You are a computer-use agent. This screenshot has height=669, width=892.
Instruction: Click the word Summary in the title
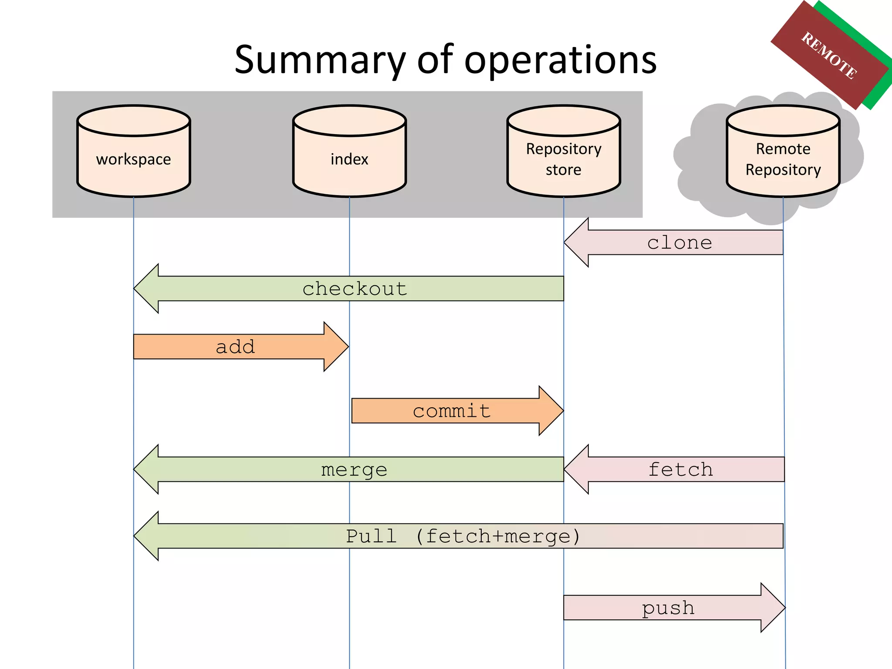pyautogui.click(x=320, y=61)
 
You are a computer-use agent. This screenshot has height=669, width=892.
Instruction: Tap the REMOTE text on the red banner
pyautogui.click(x=829, y=56)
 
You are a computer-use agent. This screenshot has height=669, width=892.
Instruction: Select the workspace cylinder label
pyautogui.click(x=133, y=159)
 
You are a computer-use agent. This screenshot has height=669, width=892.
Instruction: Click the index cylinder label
pyautogui.click(x=349, y=159)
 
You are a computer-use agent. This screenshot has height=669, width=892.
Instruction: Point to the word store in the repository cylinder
pyautogui.click(x=563, y=170)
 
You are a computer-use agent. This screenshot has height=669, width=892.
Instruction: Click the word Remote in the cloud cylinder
pyautogui.click(x=783, y=149)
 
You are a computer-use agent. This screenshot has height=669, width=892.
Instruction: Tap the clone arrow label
pyautogui.click(x=679, y=243)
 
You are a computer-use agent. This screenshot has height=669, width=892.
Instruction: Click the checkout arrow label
pyautogui.click(x=355, y=289)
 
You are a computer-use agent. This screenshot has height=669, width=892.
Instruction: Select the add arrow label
pyautogui.click(x=235, y=347)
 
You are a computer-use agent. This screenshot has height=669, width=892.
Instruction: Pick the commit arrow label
pyautogui.click(x=452, y=411)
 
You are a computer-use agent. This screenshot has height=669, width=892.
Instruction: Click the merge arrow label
pyautogui.click(x=354, y=470)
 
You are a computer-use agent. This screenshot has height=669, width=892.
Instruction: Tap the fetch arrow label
pyautogui.click(x=680, y=470)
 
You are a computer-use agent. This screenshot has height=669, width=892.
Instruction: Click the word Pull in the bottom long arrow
pyautogui.click(x=371, y=536)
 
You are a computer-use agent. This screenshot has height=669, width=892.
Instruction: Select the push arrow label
pyautogui.click(x=668, y=608)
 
